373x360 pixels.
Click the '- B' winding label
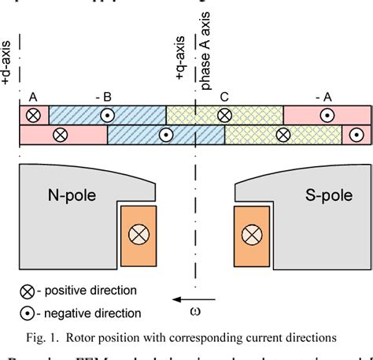[105, 98]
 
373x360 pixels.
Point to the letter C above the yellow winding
[225, 98]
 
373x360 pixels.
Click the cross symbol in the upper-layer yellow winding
[224, 115]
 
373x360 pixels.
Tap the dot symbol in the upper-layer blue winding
[106, 115]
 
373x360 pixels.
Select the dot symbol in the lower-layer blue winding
[165, 135]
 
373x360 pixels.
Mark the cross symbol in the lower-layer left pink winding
[60, 135]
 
